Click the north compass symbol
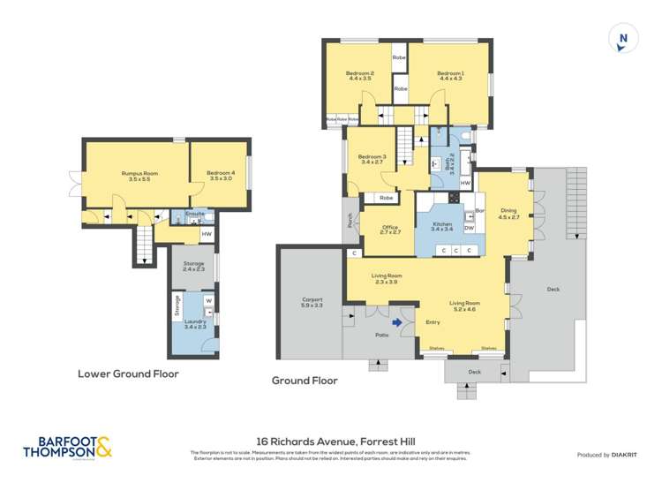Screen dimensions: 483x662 coord(623,38)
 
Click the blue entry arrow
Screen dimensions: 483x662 coord(398,322)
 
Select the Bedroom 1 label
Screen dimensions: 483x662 coord(449,75)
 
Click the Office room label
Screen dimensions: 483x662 coord(390,230)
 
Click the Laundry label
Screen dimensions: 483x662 coord(195,324)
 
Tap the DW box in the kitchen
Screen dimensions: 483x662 coord(469,227)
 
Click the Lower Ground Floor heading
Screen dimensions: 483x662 coord(128,374)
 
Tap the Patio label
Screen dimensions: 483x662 coord(381,336)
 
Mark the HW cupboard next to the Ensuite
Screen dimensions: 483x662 coord(207,234)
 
